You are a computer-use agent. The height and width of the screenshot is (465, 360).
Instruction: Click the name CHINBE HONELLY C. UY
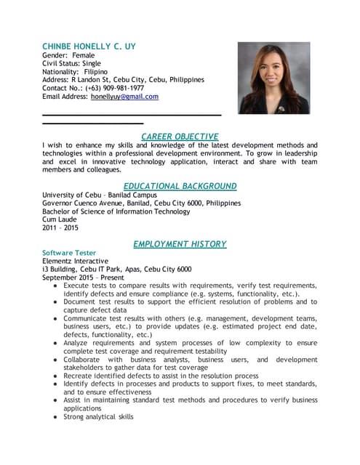pyautogui.click(x=89, y=46)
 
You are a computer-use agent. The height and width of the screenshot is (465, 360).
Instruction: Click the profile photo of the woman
pyautogui.click(x=274, y=78)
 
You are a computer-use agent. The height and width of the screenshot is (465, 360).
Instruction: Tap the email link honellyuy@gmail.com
pyautogui.click(x=124, y=97)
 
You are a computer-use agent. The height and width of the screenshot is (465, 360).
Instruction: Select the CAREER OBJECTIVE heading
pyautogui.click(x=180, y=137)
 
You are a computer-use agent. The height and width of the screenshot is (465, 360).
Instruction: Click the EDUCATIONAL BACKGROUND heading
pyautogui.click(x=180, y=186)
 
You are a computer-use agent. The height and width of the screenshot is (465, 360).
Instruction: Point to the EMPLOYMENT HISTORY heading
pyautogui.click(x=180, y=244)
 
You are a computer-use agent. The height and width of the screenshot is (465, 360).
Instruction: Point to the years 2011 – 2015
pyautogui.click(x=61, y=229)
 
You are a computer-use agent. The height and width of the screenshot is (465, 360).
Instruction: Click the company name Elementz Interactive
pyautogui.click(x=76, y=261)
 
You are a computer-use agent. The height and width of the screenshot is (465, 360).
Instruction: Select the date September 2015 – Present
pyautogui.click(x=84, y=278)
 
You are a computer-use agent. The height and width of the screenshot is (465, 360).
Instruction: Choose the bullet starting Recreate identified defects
pyautogui.click(x=160, y=376)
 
